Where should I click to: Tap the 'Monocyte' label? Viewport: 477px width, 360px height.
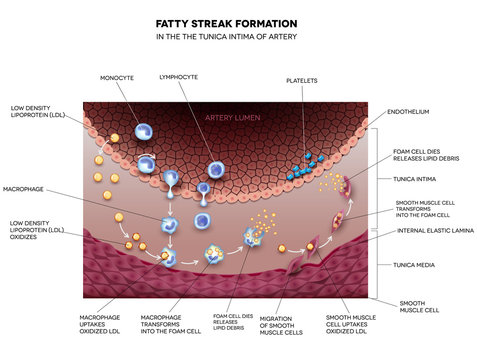pyautogui.click(x=117, y=76)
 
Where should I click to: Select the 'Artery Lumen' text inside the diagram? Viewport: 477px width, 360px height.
pyautogui.click(x=233, y=119)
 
